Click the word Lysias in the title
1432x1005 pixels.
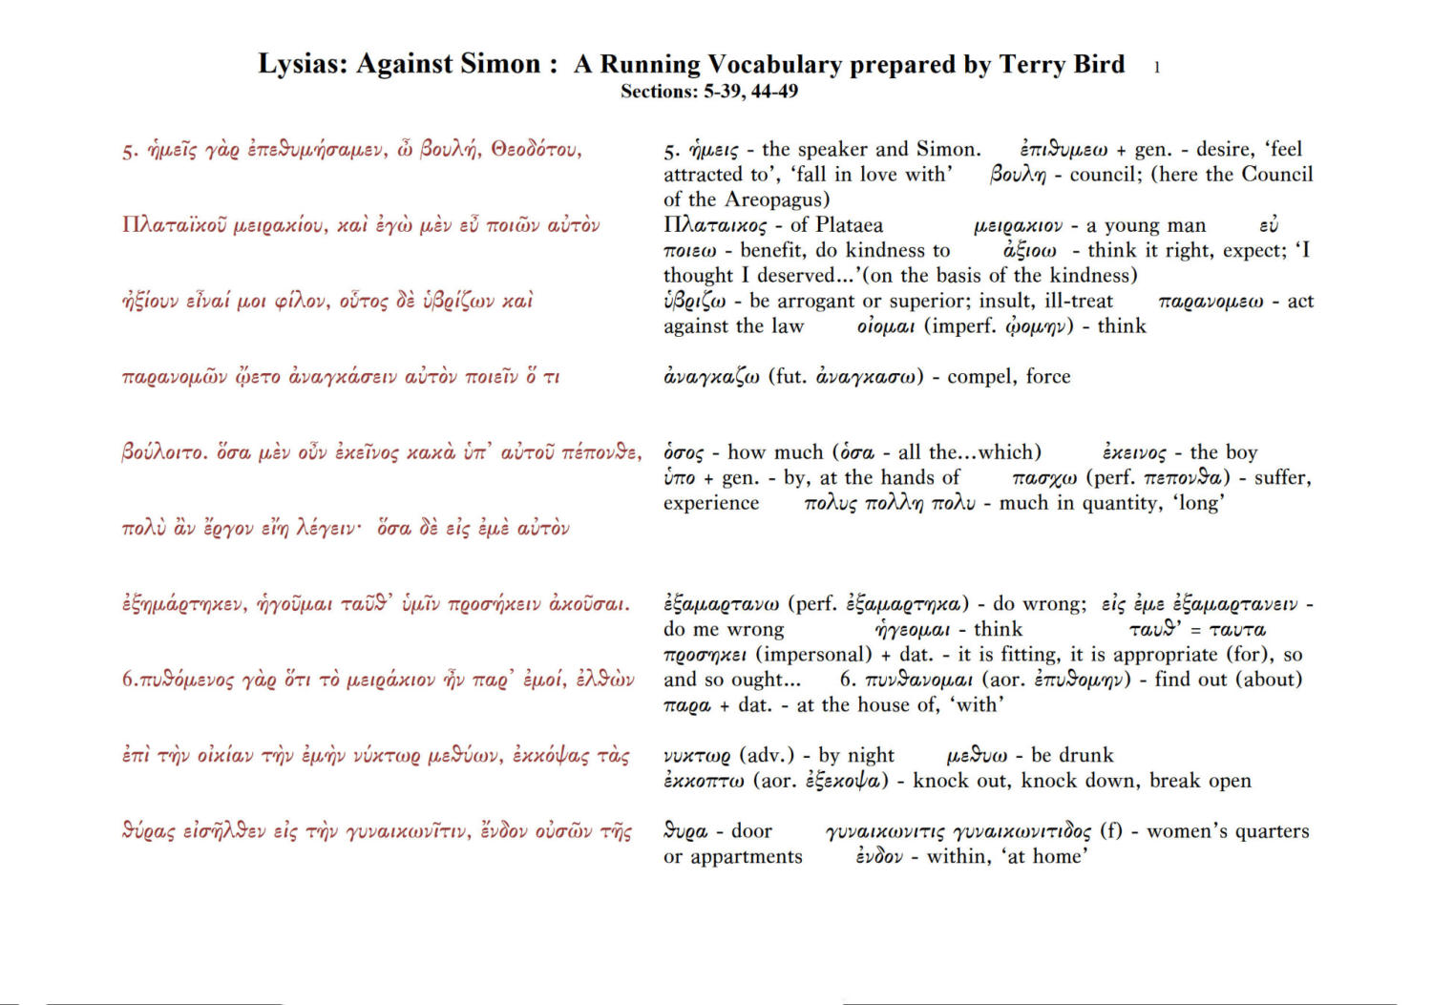303,65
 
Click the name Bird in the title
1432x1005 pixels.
1099,65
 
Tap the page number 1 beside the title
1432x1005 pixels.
1157,68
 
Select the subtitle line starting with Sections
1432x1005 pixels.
708,92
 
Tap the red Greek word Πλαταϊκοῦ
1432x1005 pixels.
175,225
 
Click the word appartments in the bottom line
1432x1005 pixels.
747,857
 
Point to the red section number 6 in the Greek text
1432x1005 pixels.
127,680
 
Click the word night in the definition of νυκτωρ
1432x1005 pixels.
871,755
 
